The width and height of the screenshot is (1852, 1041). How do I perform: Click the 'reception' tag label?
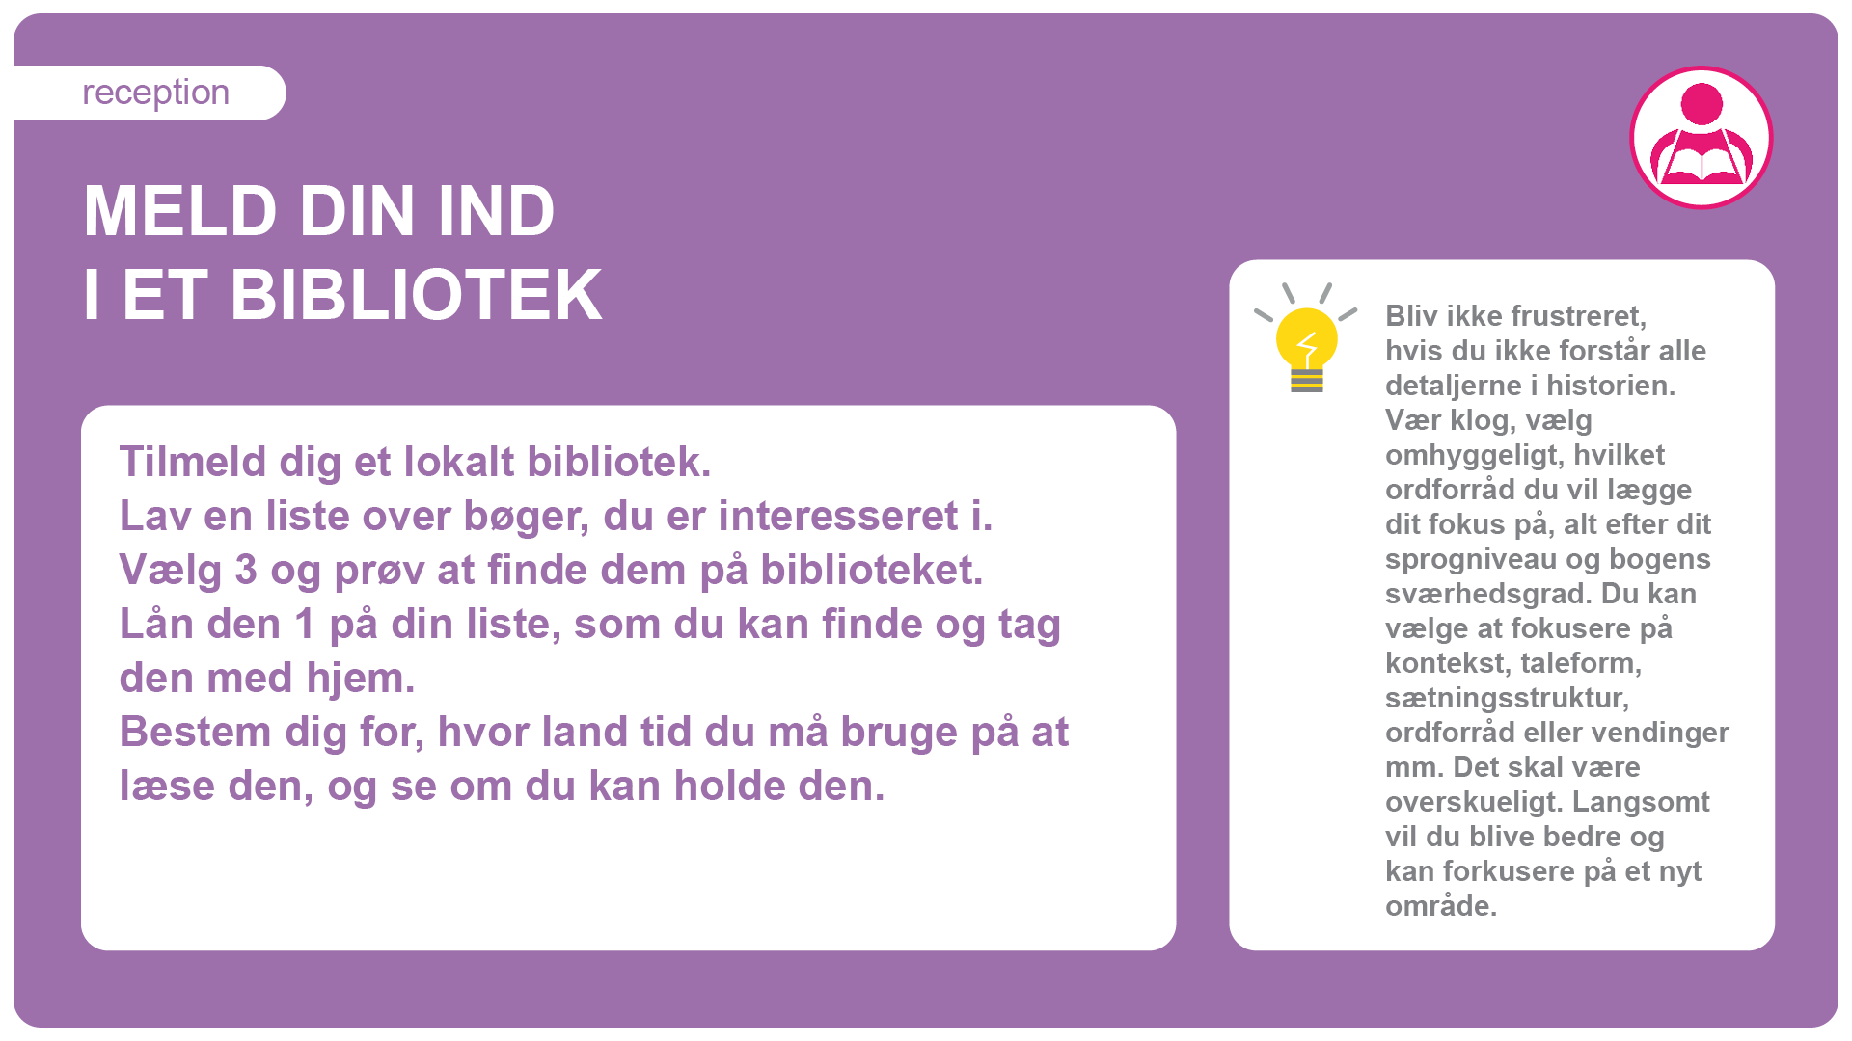point(155,93)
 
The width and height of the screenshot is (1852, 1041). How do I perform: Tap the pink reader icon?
point(1702,137)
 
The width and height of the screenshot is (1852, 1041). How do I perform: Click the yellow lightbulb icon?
point(1306,338)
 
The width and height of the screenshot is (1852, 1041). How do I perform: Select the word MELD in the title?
point(180,211)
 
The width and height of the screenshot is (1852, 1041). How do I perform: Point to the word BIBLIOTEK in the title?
point(416,295)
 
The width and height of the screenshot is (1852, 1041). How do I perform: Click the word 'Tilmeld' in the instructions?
point(193,462)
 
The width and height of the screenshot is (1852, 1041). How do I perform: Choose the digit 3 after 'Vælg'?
point(246,570)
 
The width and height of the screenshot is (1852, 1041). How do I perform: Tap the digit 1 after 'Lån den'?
point(305,624)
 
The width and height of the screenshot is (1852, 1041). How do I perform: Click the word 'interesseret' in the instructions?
point(838,516)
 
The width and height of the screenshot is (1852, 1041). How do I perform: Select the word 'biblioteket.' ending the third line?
point(872,570)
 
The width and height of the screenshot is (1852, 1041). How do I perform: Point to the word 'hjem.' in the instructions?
point(361,678)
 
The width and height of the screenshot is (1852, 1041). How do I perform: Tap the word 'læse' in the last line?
point(167,786)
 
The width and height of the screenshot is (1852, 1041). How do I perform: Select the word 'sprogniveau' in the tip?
point(1466,560)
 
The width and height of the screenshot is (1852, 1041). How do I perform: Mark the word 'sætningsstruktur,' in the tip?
point(1507,698)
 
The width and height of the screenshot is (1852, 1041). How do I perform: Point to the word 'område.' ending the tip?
point(1441,906)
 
